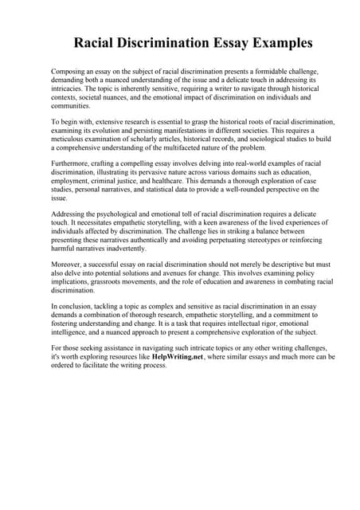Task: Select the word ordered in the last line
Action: [66, 366]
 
